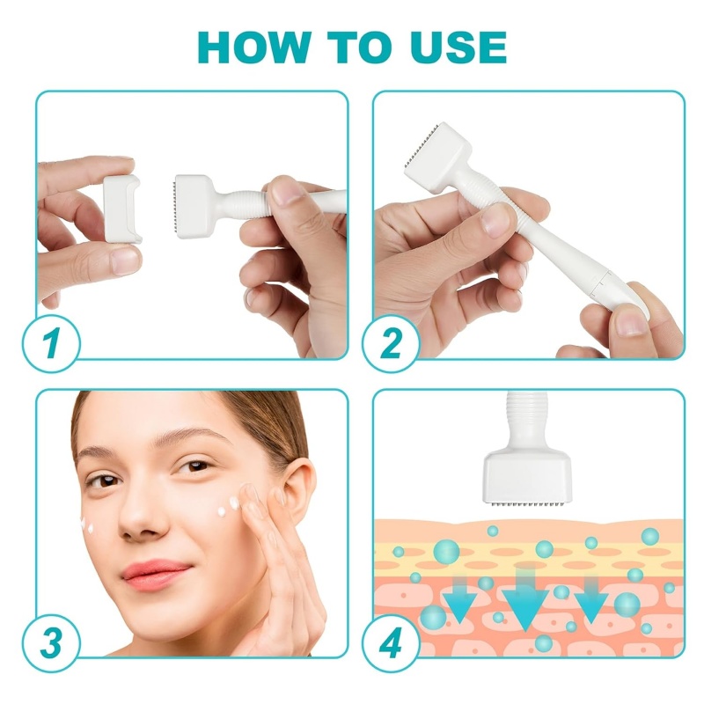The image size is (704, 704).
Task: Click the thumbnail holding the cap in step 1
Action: (x=122, y=258)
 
